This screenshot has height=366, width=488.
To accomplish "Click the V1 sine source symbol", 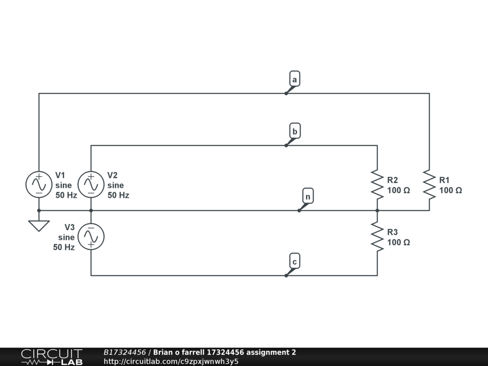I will (x=39, y=184).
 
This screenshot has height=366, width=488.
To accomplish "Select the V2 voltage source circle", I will (x=91, y=184).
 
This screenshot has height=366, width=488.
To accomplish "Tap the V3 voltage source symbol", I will (x=91, y=236).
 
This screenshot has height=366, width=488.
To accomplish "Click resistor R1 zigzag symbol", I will (x=429, y=184).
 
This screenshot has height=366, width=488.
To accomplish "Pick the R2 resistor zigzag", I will (x=377, y=184).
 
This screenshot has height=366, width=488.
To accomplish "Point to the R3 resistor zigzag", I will (x=377, y=237).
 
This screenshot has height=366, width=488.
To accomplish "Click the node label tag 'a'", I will (x=295, y=79).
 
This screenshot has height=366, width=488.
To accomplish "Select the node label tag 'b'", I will (x=295, y=131).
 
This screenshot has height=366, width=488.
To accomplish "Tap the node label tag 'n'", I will (x=308, y=196).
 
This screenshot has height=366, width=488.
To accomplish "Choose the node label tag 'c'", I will (x=295, y=262).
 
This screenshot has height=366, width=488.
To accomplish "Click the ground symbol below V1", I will (x=39, y=225).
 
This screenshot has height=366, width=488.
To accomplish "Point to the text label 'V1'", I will (x=61, y=175).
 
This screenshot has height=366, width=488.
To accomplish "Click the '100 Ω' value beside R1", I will (x=450, y=190).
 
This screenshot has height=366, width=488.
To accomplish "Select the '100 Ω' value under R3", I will (x=398, y=242).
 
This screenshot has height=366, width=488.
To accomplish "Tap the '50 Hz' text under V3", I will (x=64, y=247).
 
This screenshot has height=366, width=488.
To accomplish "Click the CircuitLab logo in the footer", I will (x=51, y=357).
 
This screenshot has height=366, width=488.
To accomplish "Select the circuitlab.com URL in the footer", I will (x=171, y=361).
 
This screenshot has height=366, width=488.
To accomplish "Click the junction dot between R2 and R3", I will (x=377, y=210).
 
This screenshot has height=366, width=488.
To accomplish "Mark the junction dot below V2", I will (x=91, y=210).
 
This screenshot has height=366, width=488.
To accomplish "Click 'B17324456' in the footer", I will (x=124, y=352).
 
